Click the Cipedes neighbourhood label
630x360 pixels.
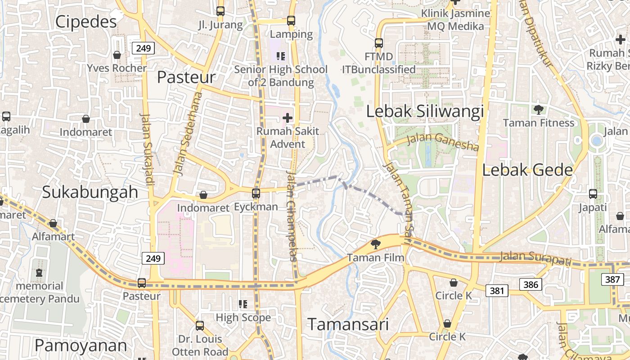point(85,21)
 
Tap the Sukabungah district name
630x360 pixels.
point(90,192)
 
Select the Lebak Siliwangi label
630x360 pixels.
point(425,111)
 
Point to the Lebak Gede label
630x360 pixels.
point(527,170)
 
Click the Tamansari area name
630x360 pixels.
point(348,324)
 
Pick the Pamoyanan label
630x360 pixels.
point(81,345)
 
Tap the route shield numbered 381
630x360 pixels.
point(497,291)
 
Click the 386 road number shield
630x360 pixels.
point(531,284)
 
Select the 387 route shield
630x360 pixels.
point(612,279)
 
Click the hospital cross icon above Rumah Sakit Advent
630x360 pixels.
point(287,118)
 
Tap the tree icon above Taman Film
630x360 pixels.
point(375,244)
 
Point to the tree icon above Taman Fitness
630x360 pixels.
point(538,109)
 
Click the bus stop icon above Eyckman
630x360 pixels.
point(256,193)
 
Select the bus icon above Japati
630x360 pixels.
point(593,194)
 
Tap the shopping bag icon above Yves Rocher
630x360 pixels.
point(117,55)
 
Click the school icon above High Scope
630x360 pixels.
point(243,304)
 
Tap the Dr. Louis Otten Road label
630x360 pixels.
point(200,345)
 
